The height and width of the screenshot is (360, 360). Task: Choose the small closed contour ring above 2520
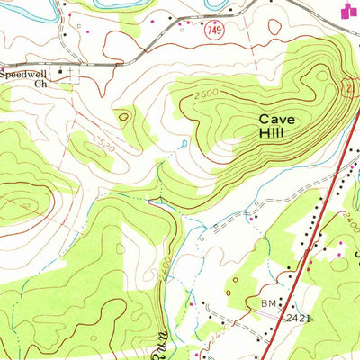(x=123, y=116)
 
